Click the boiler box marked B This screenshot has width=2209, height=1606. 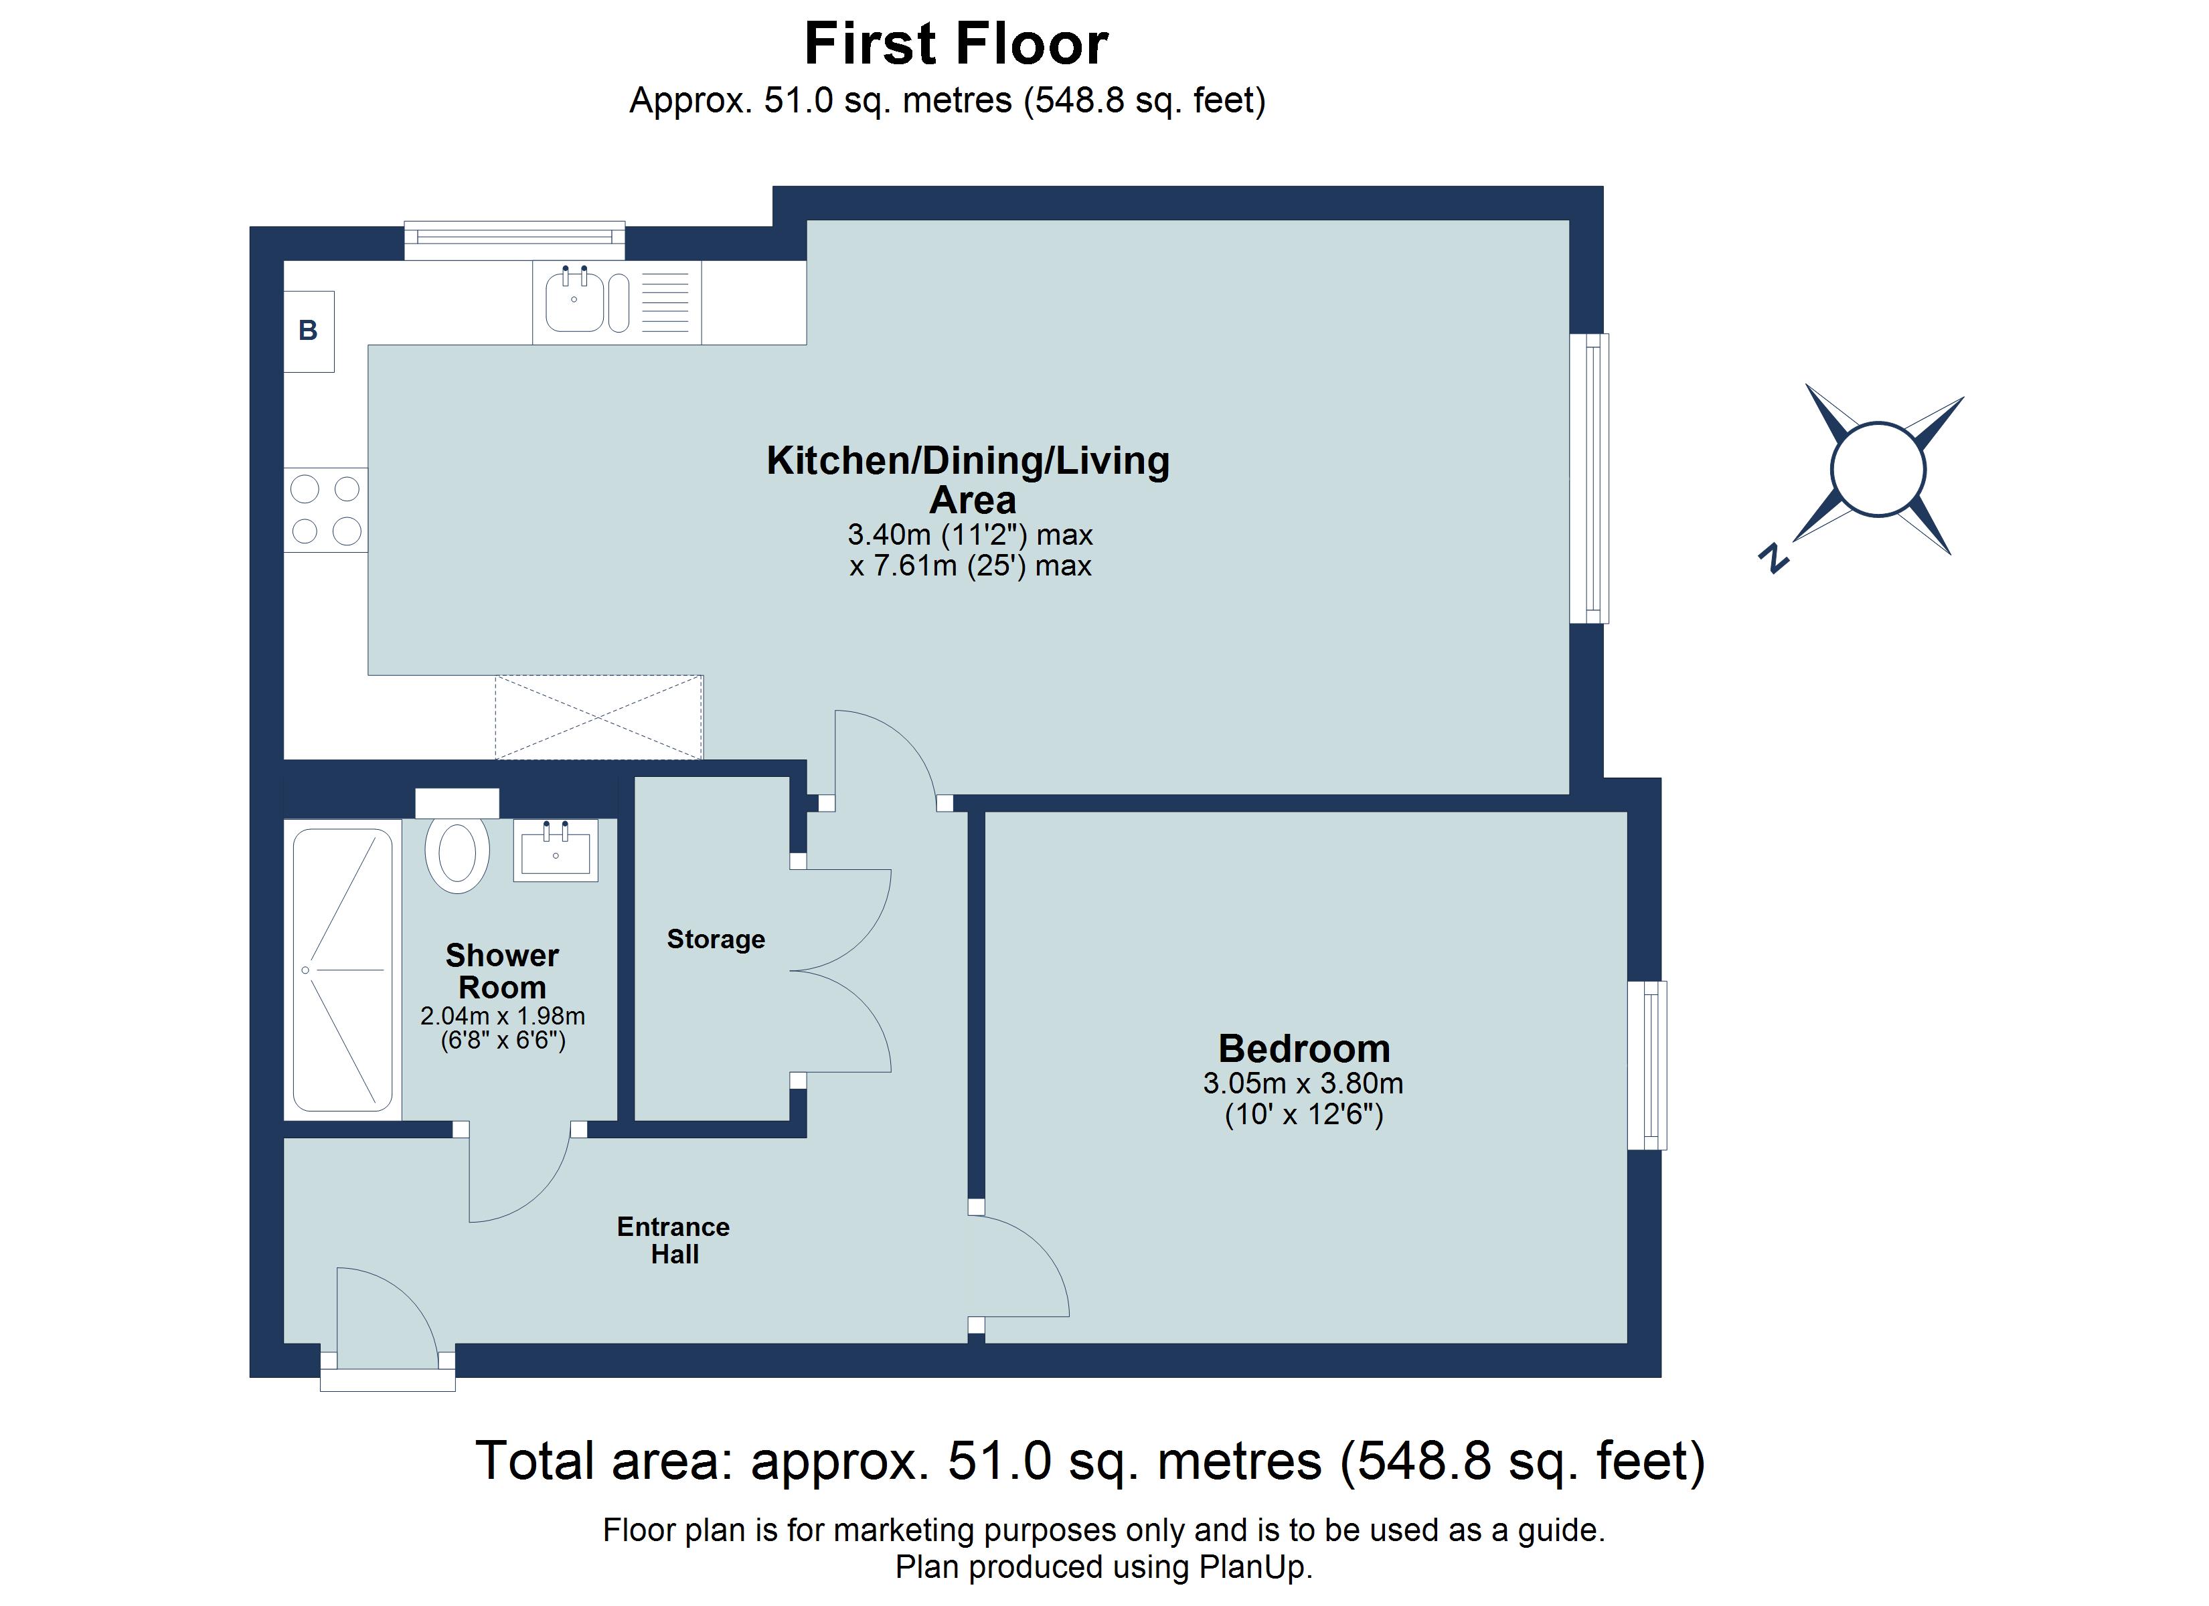pos(309,331)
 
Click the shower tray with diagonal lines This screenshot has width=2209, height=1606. pos(343,970)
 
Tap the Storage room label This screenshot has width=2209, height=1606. pos(716,940)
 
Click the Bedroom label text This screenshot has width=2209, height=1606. pos(1303,1049)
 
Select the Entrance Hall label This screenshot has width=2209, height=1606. pos(673,1240)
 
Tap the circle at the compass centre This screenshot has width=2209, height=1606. pos(1878,470)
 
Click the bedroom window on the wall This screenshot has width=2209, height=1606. pos(1648,1065)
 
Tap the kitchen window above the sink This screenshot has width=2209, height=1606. pos(514,235)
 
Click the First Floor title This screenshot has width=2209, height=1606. pos(955,45)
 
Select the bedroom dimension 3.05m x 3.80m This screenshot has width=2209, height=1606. pos(1303,1083)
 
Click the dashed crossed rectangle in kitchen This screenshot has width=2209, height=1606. pos(598,718)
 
